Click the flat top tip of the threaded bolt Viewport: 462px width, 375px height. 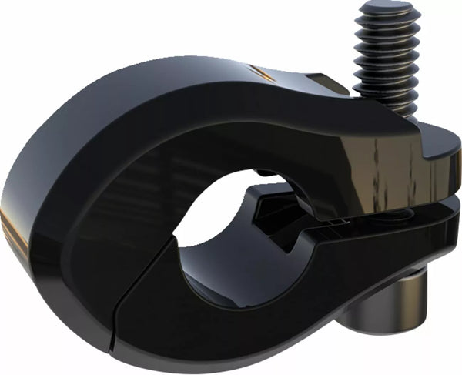click(x=388, y=9)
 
